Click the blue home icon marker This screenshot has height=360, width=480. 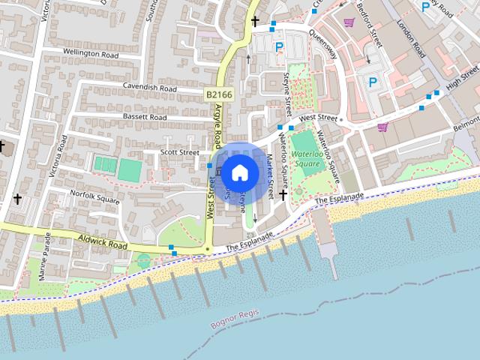(x=239, y=172)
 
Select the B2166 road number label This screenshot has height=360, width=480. (x=217, y=94)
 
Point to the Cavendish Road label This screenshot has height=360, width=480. (x=150, y=87)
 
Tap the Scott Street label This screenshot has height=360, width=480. (x=180, y=152)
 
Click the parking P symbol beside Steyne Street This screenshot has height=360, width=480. (x=279, y=46)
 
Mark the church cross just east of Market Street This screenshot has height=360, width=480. (x=283, y=195)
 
